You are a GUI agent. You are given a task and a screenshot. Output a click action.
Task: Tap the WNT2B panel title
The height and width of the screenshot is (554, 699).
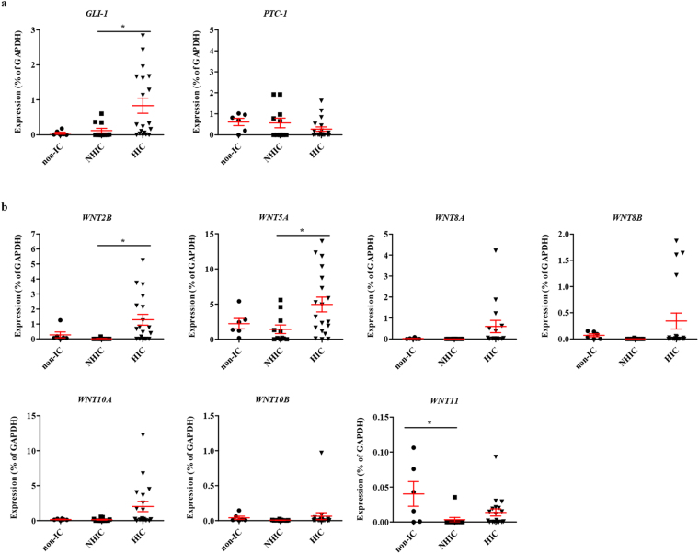coord(98,218)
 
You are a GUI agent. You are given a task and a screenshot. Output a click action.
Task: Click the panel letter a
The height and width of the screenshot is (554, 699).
coord(5,6)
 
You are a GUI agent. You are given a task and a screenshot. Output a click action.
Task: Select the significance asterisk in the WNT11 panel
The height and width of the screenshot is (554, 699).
coord(429,424)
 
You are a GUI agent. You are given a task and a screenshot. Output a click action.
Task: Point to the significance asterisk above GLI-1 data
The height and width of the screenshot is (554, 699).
coord(123,27)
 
